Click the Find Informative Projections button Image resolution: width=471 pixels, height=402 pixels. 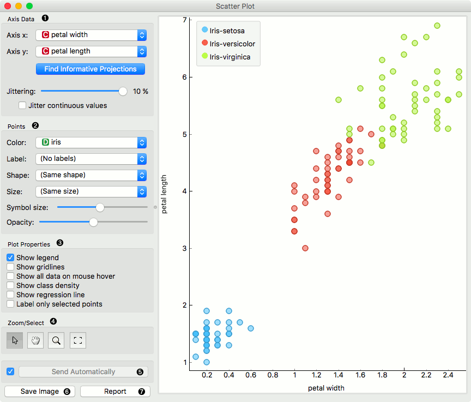[x=90, y=69]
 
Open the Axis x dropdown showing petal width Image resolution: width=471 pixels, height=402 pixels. [x=90, y=35]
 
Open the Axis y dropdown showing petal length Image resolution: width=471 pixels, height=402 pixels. [x=90, y=51]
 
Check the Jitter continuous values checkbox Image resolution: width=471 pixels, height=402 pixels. [x=23, y=106]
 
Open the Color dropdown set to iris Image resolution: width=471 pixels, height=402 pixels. [x=90, y=142]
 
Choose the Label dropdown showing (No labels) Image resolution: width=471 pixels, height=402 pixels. [x=90, y=159]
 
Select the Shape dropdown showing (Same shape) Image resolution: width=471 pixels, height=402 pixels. [x=90, y=175]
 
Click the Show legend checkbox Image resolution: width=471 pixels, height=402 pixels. [x=10, y=257]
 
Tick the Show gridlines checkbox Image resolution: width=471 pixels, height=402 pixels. [x=10, y=267]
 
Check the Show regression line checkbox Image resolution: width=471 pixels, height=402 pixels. [x=10, y=295]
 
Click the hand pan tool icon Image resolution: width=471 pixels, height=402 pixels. [x=35, y=340]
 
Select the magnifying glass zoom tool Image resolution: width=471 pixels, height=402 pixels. [x=56, y=340]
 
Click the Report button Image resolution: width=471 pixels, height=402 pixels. [x=115, y=391]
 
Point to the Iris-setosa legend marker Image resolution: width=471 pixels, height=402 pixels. [x=204, y=31]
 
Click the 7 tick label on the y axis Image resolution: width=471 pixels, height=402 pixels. [x=185, y=20]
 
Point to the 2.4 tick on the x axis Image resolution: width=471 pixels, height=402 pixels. [x=448, y=376]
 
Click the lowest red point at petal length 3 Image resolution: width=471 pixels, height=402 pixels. [x=305, y=248]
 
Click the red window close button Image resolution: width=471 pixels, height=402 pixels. [x=8, y=6]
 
